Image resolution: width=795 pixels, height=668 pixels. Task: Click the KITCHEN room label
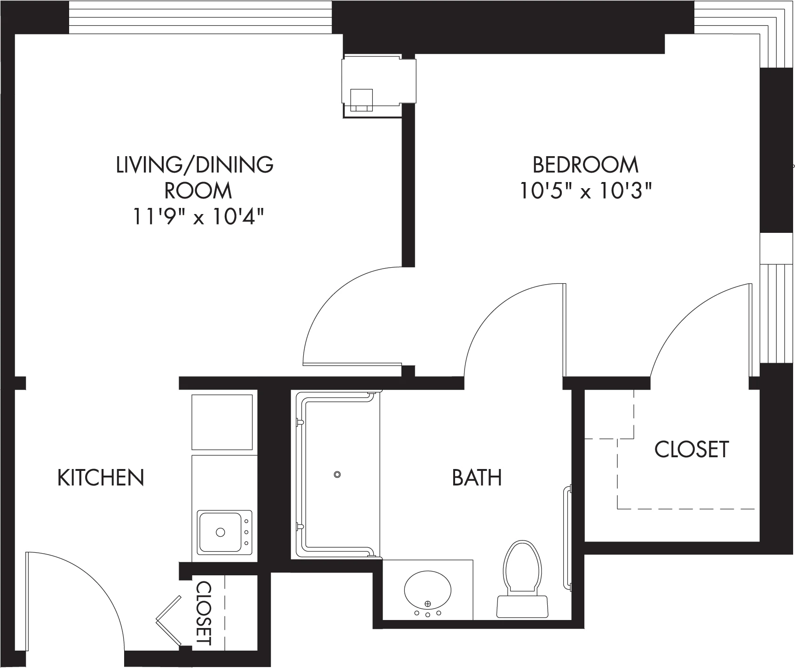[x=101, y=477]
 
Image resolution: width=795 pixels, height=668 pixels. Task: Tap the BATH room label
[x=477, y=477]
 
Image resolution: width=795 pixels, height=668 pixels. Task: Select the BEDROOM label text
[x=585, y=165]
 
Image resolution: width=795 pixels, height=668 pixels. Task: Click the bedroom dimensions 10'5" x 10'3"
[x=585, y=191]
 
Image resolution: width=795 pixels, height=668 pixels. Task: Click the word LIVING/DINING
[x=195, y=165]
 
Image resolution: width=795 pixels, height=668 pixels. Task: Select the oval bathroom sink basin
[x=428, y=590]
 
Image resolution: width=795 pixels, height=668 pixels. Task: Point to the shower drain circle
[x=337, y=474]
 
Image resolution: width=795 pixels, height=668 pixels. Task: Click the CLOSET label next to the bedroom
[x=692, y=449]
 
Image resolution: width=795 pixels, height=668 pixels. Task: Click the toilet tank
[x=522, y=606]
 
